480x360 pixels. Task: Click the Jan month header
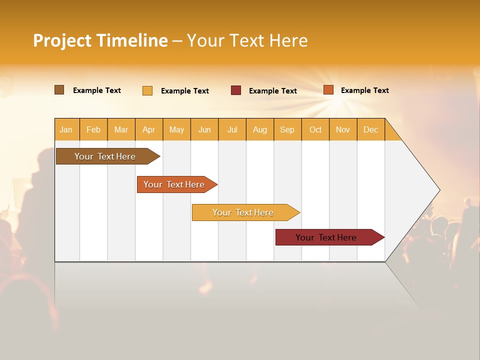pos(66,129)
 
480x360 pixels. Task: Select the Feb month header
pos(93,129)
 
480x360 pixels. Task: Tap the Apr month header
pos(149,129)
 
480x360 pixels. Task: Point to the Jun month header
pos(204,129)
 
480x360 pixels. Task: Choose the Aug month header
pos(260,129)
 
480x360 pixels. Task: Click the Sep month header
pos(287,129)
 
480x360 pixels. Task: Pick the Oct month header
pos(315,129)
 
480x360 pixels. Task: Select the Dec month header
pos(371,129)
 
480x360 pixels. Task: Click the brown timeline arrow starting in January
pos(105,156)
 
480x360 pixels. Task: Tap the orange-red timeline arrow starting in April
pos(174,184)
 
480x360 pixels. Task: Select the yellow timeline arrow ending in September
pos(243,212)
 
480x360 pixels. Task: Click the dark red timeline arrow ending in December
pos(326,237)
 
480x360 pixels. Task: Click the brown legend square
pos(59,90)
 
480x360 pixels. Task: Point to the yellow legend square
pos(147,90)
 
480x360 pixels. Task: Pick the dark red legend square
pos(236,90)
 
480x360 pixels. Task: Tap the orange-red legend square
pos(328,90)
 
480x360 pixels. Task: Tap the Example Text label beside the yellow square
pos(185,90)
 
